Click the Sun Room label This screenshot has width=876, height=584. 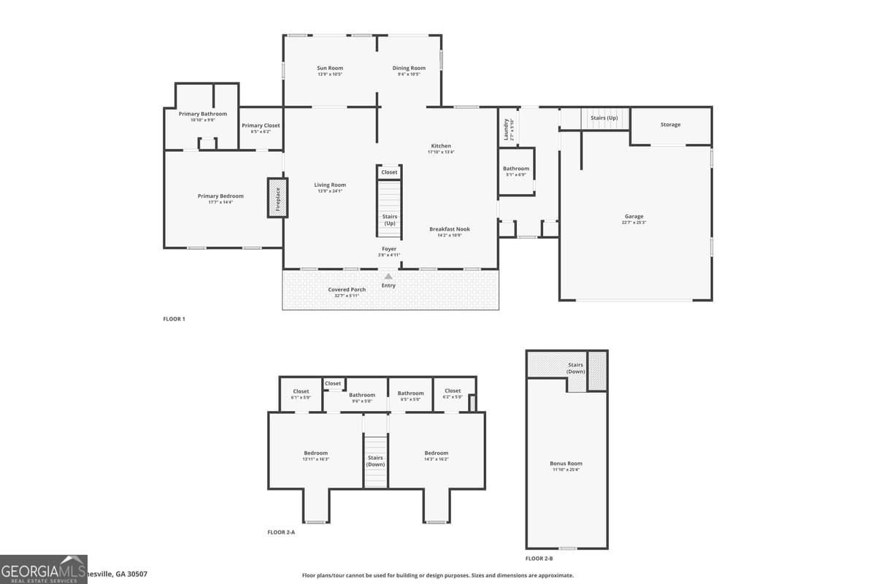coord(330,69)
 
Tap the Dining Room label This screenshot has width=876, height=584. coord(409,69)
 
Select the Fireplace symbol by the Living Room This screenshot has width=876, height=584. coord(277,197)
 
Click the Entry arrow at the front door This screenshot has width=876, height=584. coord(388,277)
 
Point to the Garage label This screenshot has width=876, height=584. coord(634,217)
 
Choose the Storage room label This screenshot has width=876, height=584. coord(670,125)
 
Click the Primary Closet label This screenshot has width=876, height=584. coord(261,126)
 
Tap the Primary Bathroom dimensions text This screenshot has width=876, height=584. coord(203,120)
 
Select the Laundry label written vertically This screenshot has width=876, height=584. coord(506,130)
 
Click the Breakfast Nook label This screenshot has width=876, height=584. coord(450,229)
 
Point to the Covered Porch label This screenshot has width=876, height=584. coord(347,290)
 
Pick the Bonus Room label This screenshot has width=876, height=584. coord(566,464)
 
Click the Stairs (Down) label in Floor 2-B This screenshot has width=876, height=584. coord(575,369)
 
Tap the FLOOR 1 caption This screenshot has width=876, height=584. coord(174,319)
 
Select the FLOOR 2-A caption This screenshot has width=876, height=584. coord(281,532)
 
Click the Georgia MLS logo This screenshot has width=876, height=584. coord(44,569)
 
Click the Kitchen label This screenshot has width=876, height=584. coord(441,146)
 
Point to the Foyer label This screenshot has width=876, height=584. coord(389,249)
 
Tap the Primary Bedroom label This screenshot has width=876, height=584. coord(220,196)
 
